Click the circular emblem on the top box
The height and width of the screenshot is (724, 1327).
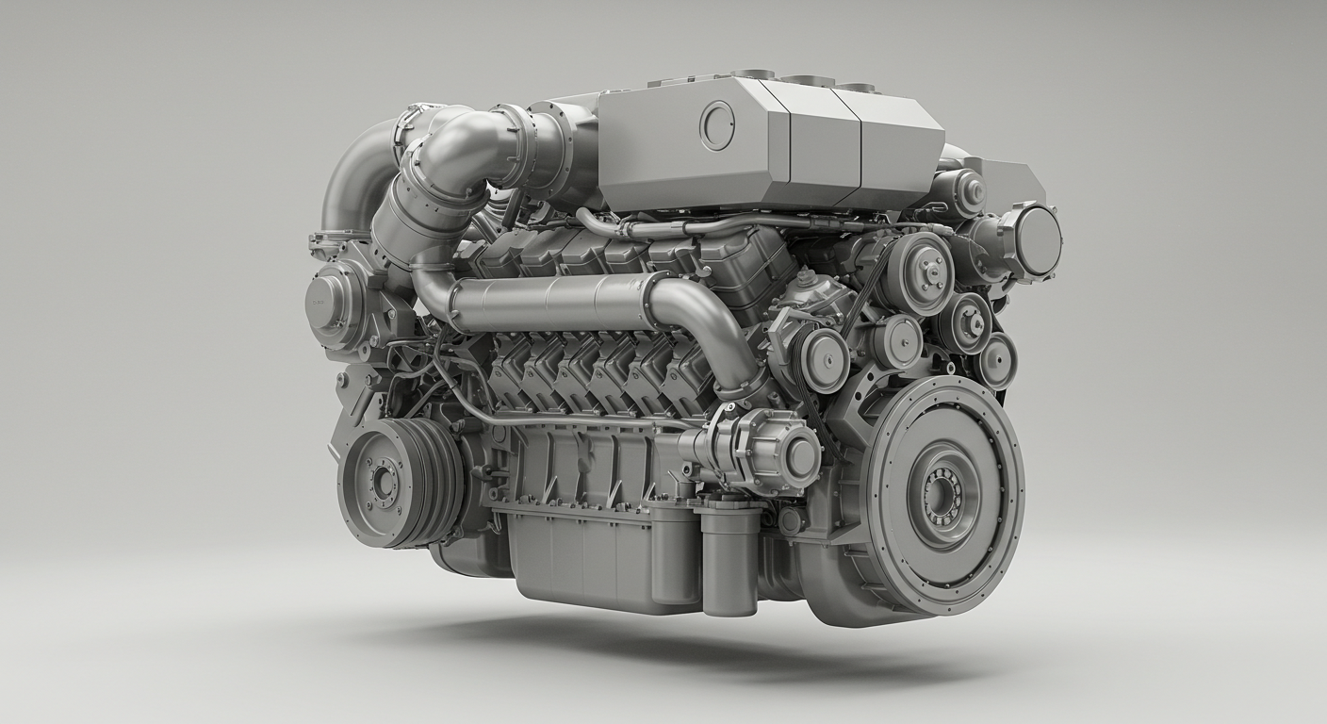pos(716,124)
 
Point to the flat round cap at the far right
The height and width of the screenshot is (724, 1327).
pos(1037,240)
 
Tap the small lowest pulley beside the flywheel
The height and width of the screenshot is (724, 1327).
pos(995,361)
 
